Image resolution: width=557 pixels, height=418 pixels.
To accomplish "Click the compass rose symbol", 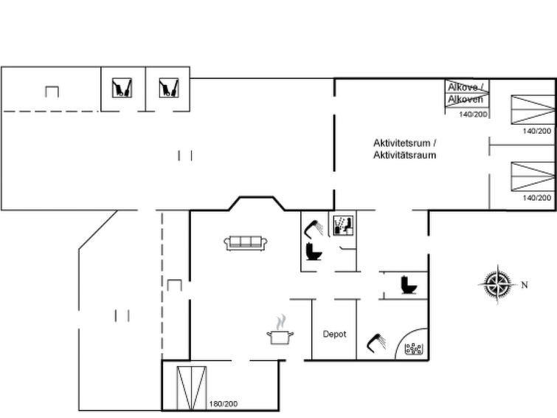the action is tap(497, 284).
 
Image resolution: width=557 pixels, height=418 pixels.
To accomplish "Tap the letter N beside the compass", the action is tap(525, 285).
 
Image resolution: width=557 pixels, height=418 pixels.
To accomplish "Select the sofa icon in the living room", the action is tap(246, 243).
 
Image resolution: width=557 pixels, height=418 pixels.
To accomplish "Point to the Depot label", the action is tap(334, 334).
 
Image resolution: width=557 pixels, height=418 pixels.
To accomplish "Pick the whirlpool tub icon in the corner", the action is tap(414, 349).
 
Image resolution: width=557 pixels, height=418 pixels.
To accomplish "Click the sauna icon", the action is tap(343, 225).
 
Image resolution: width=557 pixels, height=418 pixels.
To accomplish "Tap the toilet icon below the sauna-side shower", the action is tap(314, 251).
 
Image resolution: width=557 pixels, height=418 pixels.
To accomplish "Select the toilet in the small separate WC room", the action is tap(409, 285).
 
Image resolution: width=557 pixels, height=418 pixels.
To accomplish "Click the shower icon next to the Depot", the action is tap(376, 343).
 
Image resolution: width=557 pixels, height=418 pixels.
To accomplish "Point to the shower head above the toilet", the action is tap(314, 229).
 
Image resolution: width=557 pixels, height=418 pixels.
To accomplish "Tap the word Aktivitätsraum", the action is tap(404, 155).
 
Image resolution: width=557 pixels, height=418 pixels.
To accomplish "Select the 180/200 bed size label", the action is tap(224, 404).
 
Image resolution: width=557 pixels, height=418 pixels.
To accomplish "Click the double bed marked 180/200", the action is tap(192, 388).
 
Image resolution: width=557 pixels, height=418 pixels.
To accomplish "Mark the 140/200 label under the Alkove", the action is tap(473, 114).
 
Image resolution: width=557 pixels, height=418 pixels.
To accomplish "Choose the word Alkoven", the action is tap(466, 99).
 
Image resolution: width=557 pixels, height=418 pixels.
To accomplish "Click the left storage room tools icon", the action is tap(122, 88).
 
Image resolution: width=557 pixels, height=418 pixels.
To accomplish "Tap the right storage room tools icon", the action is tap(169, 88).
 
